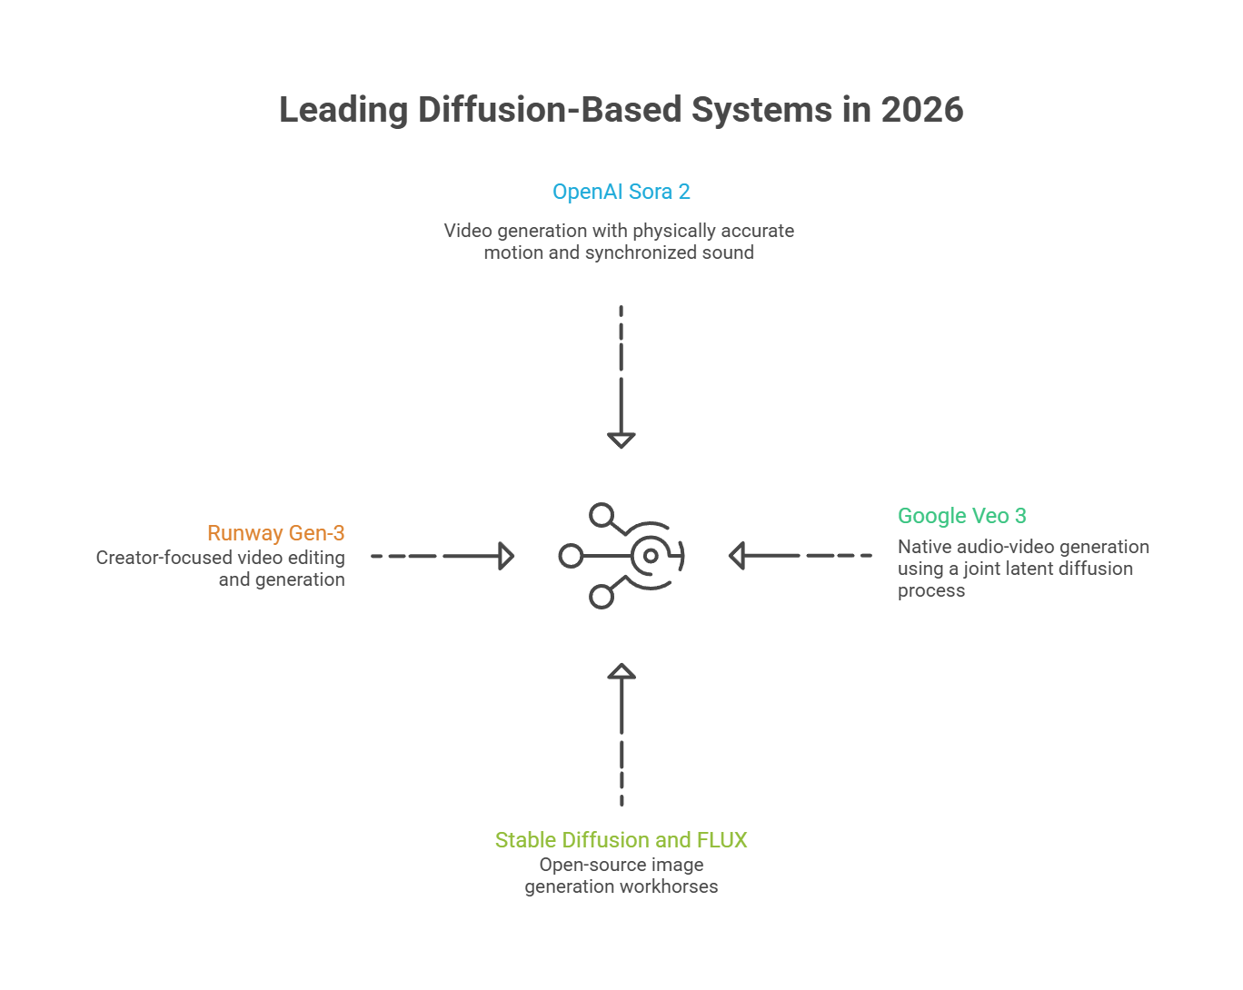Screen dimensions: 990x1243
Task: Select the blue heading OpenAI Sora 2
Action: click(621, 192)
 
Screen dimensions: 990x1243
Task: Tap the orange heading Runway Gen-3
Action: click(275, 533)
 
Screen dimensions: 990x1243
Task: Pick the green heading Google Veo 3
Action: click(962, 516)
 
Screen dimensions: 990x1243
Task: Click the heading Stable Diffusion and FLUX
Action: click(621, 840)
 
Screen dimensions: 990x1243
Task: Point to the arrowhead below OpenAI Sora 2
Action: click(621, 441)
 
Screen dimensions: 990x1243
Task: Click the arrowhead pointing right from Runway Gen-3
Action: click(507, 556)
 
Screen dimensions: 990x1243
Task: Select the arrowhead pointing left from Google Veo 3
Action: click(737, 556)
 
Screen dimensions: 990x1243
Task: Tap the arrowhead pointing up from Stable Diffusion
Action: click(621, 671)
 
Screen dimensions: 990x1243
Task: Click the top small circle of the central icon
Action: click(601, 516)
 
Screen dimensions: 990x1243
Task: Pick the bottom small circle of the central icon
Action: click(601, 597)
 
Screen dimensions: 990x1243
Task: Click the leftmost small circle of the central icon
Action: click(571, 556)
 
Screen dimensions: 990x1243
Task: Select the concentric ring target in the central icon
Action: click(651, 556)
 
